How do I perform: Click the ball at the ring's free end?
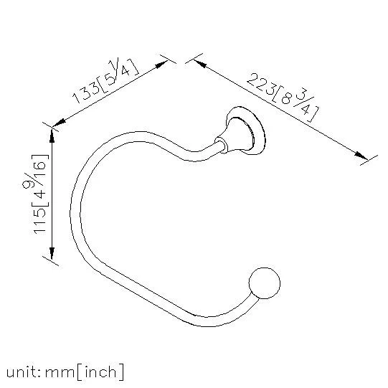point(264,283)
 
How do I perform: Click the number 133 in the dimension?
point(86,93)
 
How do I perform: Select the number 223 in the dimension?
point(261,84)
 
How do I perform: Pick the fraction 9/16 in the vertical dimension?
point(34,174)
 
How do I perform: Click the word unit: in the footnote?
point(23,372)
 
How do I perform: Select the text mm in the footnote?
point(60,373)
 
